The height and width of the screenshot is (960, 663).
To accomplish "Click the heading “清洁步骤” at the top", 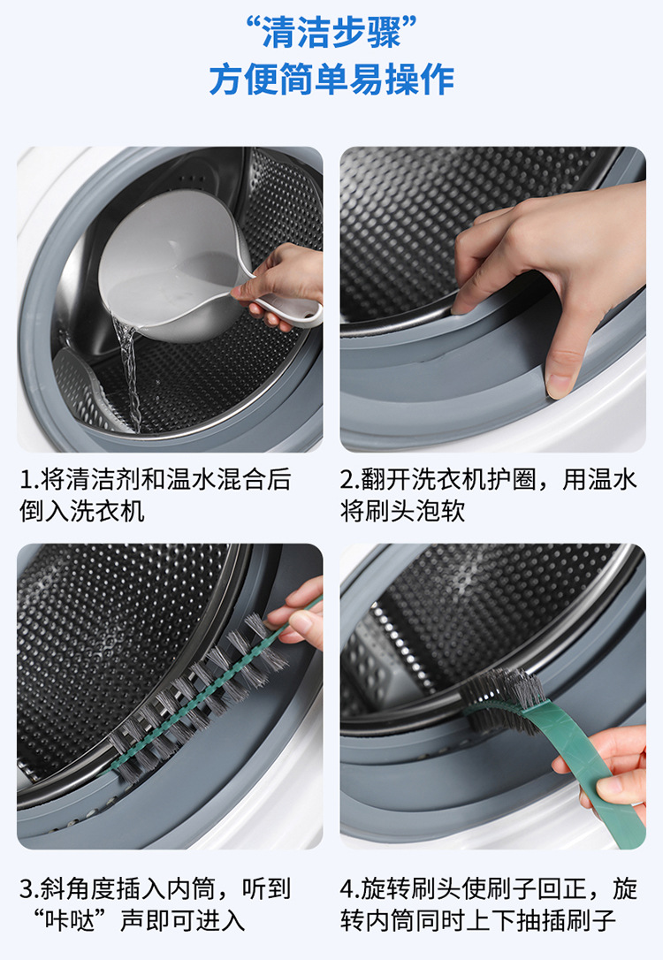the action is point(331,32).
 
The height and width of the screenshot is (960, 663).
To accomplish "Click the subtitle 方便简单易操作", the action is point(331,80).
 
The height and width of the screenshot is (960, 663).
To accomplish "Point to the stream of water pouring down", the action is point(130,373).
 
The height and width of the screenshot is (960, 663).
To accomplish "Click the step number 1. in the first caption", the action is point(29,479).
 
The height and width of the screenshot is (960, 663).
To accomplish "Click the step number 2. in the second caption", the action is point(351,479).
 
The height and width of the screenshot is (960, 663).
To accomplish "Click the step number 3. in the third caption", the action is point(30,888).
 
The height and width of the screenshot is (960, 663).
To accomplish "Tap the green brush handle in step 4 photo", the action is point(588,772).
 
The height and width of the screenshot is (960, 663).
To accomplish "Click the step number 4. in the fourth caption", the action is point(351,888).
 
